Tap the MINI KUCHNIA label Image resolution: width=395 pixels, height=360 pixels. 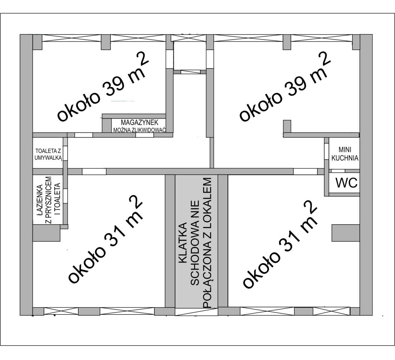pyautogui.click(x=344, y=154)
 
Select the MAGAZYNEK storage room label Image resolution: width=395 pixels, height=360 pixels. pyautogui.click(x=139, y=123)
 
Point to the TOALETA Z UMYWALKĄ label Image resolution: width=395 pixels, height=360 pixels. pyautogui.click(x=48, y=154)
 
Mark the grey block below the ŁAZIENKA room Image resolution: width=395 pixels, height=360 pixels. pyautogui.click(x=46, y=233)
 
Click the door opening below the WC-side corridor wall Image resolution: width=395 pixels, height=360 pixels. pyautogui.click(x=305, y=172)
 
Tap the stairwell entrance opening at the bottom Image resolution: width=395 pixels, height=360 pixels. pyautogui.click(x=196, y=311)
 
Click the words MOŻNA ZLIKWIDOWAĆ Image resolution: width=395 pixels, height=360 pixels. pyautogui.click(x=139, y=130)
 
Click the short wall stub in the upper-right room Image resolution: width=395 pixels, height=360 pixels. pyautogui.click(x=287, y=126)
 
